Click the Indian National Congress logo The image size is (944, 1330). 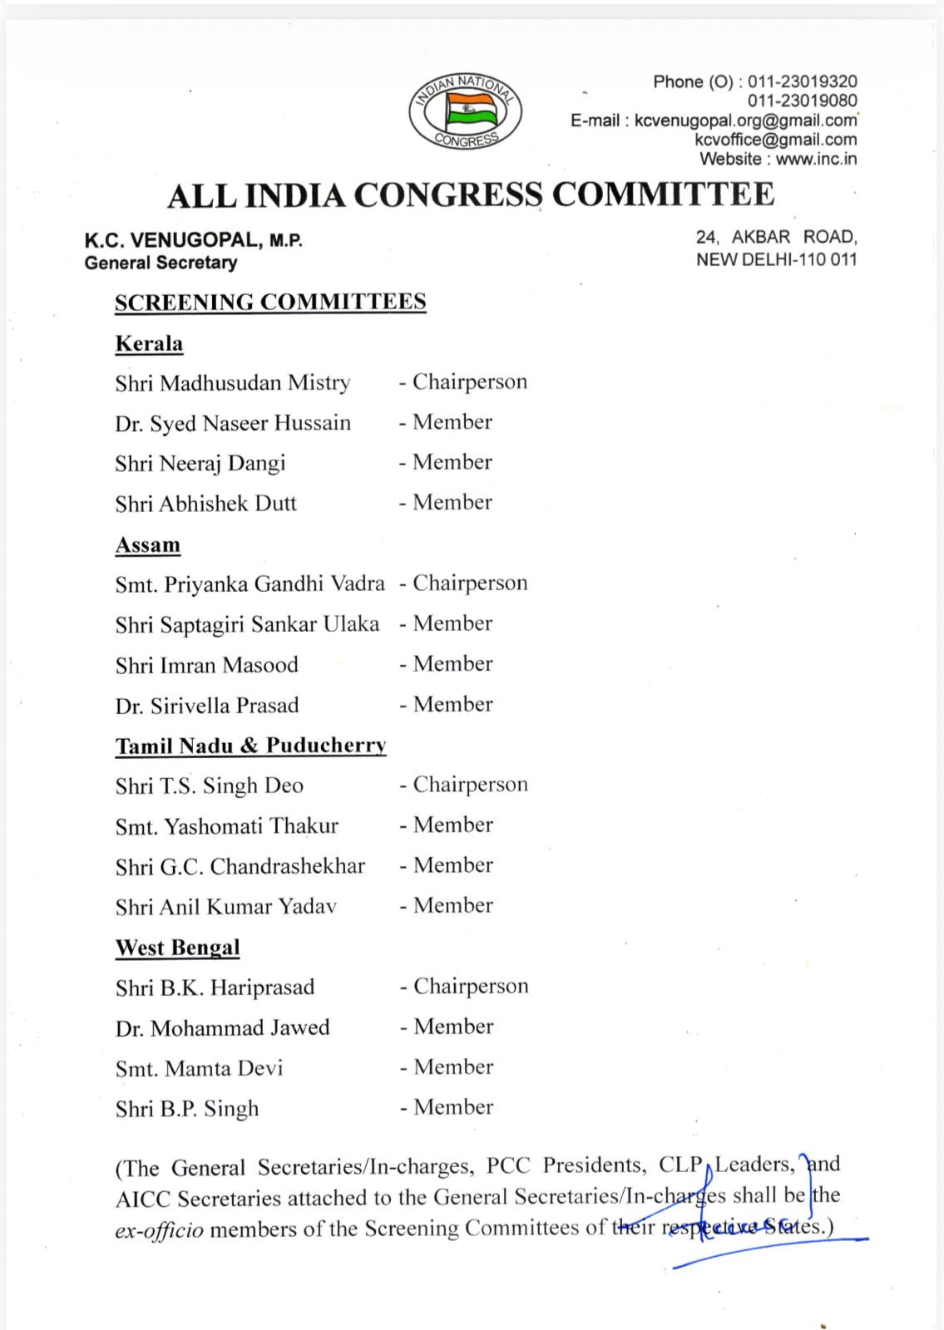[x=465, y=111]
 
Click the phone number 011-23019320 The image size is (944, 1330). [x=802, y=81]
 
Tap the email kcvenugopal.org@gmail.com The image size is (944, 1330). [x=745, y=120]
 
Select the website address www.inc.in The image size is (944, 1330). [x=815, y=159]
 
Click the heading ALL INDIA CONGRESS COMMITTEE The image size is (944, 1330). [x=471, y=195]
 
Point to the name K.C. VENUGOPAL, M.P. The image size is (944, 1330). [x=193, y=240]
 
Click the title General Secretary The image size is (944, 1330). [x=161, y=263]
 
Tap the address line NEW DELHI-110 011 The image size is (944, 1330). [x=776, y=259]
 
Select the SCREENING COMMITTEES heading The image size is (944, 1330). [x=270, y=302]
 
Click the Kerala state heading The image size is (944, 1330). [x=149, y=343]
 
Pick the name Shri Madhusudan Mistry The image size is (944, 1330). [x=233, y=383]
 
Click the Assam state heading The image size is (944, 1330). [x=147, y=544]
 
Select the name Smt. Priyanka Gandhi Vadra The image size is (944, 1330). [x=250, y=584]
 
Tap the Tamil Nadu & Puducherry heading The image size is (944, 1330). [x=250, y=746]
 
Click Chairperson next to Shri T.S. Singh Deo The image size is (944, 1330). [x=470, y=785]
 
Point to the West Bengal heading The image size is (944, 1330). [x=177, y=948]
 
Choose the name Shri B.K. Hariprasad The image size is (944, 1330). [x=215, y=988]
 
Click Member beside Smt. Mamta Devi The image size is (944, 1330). [x=453, y=1066]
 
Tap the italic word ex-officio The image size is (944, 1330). [x=159, y=1229]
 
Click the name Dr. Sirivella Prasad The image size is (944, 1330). [x=207, y=706]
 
